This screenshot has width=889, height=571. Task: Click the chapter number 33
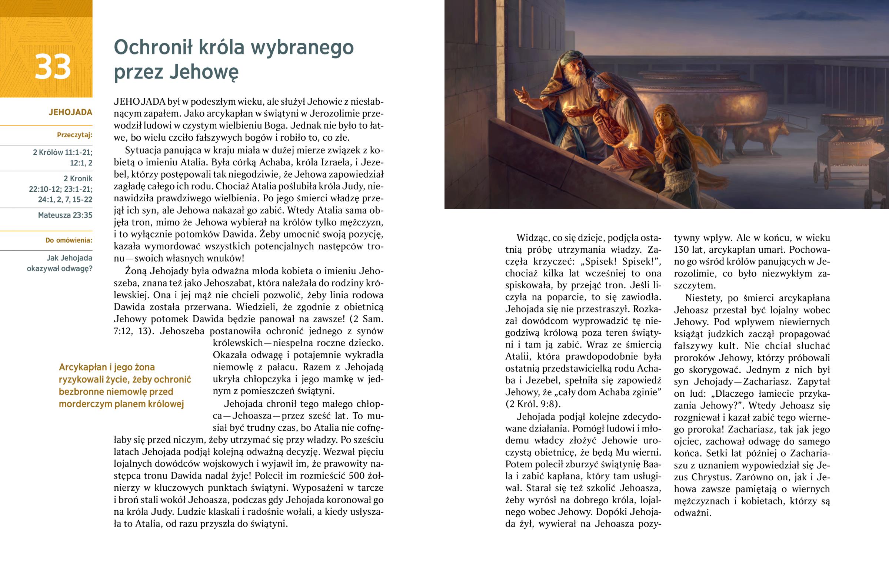pos(53,67)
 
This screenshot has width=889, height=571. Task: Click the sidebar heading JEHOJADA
pos(70,112)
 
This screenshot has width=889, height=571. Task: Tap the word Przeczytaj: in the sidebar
pos(74,135)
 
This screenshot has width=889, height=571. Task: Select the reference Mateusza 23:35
pos(65,215)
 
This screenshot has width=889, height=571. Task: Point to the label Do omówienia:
pos(69,240)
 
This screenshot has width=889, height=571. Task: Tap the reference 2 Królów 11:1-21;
pos(63,152)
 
